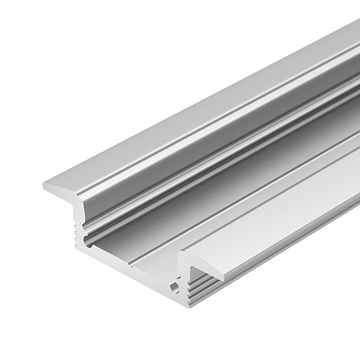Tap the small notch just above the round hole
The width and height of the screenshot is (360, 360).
coord(177,278)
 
